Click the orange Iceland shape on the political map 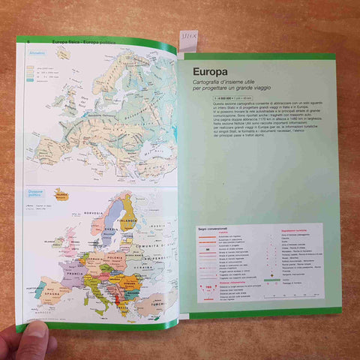coord(60,195)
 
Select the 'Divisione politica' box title coord(37,194)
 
